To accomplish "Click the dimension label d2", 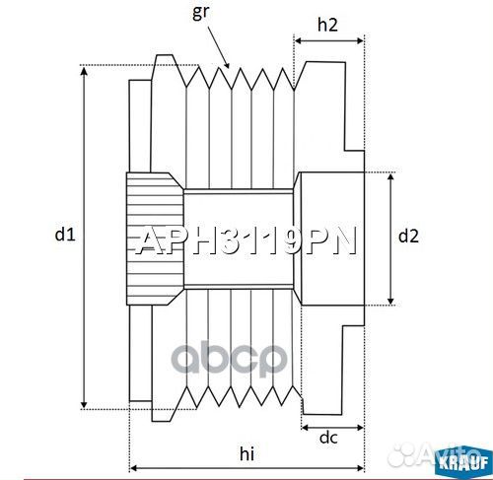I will click(408, 236).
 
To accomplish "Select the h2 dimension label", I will click(328, 26).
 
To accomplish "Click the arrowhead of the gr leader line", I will click(229, 65).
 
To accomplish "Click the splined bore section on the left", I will click(153, 238).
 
